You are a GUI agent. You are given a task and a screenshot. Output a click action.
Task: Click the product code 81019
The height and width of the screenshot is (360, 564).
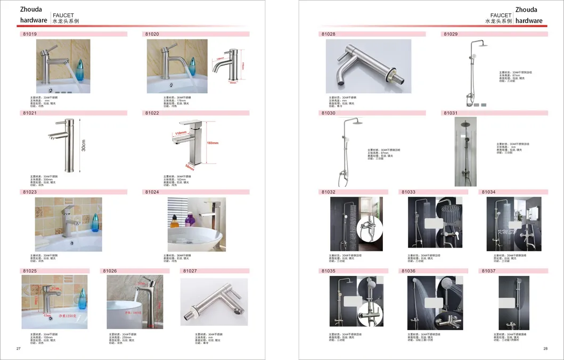pos(29,34)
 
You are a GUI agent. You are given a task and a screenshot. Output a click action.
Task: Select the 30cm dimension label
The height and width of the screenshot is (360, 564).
pos(84,145)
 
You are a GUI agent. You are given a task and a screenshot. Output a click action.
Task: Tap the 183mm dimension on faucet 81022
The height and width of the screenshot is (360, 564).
pos(212,143)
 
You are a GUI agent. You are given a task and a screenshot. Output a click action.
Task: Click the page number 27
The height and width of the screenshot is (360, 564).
pos(19,349)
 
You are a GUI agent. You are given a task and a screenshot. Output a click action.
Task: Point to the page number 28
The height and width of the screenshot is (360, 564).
pos(545,349)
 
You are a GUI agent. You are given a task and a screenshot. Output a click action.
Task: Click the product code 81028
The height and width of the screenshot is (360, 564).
pos(328,34)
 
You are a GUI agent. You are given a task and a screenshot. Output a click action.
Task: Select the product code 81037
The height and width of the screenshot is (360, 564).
pos(488,271)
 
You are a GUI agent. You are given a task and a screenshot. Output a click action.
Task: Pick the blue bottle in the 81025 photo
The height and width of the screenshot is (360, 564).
pos(82,299)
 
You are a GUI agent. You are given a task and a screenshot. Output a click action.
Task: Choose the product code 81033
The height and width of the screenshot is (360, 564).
pos(408,192)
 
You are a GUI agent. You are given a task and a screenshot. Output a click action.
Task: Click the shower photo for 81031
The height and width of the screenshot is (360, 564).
pos(465,152)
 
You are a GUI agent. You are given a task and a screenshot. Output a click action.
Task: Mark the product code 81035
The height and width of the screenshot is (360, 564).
pos(328,271)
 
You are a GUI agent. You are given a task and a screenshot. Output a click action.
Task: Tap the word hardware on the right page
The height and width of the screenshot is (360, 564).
pos(529,21)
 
